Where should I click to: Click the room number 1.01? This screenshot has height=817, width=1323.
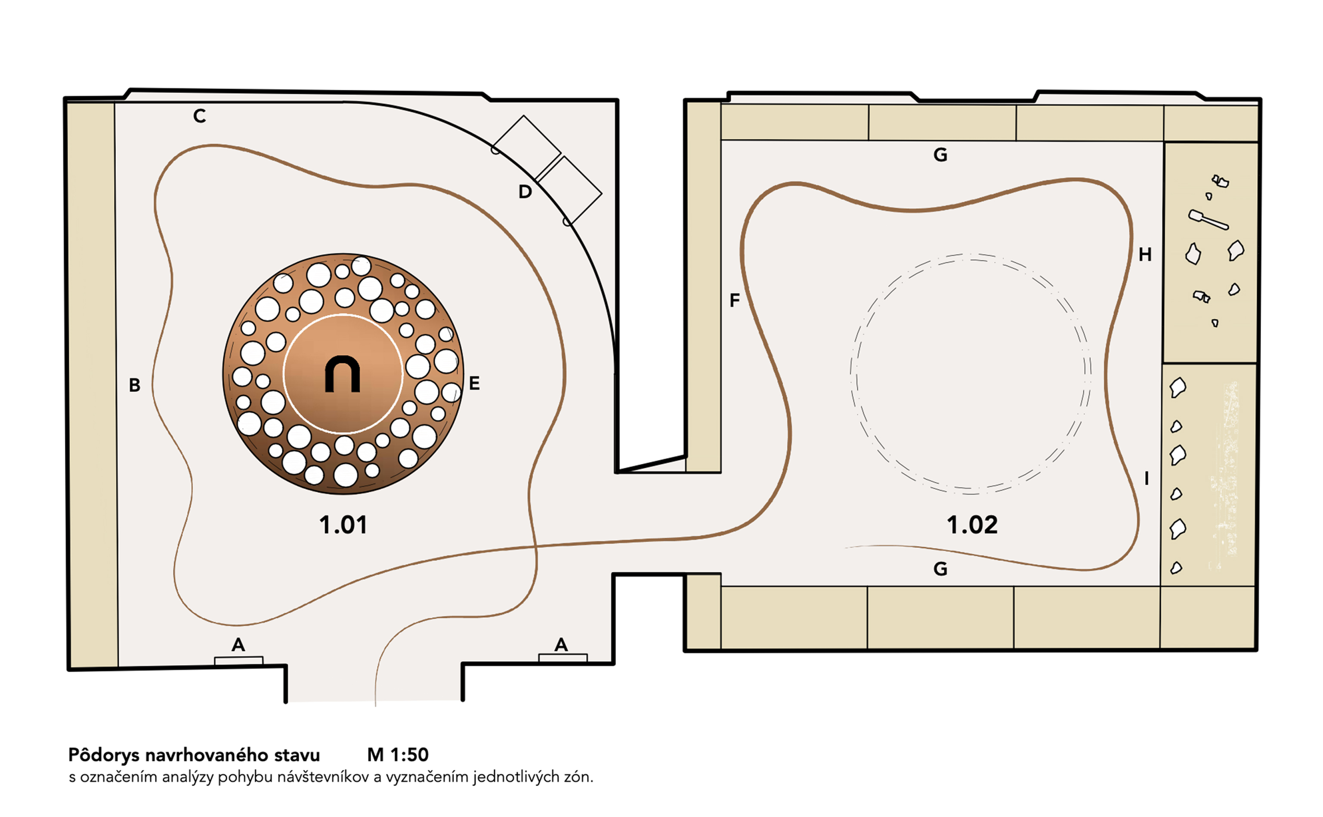[x=343, y=525]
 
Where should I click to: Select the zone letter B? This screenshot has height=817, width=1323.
[x=135, y=385]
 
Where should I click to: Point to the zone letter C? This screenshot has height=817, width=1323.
[x=200, y=116]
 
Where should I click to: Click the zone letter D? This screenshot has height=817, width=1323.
[x=525, y=191]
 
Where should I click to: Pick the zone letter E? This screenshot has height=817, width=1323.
[x=474, y=384]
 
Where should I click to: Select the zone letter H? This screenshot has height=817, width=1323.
[x=1144, y=255]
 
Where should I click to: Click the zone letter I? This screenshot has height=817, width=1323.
[x=1147, y=478]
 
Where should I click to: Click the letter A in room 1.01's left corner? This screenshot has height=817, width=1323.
[x=238, y=644]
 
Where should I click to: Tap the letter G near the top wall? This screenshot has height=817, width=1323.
[x=940, y=155]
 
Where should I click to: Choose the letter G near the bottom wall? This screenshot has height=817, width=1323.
[x=940, y=568]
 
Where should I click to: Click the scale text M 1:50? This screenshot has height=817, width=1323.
[x=398, y=754]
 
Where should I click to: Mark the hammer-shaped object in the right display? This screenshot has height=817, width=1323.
[x=1208, y=219]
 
